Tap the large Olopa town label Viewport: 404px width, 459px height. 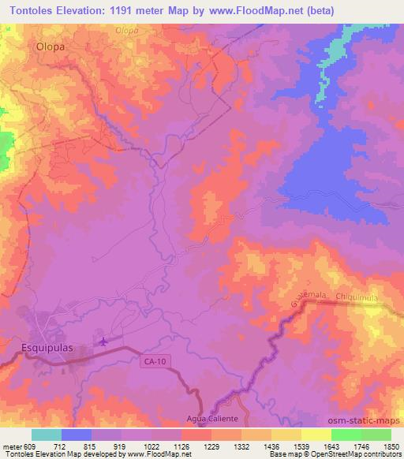49,47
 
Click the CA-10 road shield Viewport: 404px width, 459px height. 155,362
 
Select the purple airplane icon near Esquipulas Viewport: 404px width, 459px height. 103,341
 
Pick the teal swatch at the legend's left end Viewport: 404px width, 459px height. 47,434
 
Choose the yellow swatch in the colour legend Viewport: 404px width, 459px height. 316,434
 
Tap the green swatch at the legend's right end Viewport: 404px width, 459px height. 376,434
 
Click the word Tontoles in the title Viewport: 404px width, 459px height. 32,11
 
